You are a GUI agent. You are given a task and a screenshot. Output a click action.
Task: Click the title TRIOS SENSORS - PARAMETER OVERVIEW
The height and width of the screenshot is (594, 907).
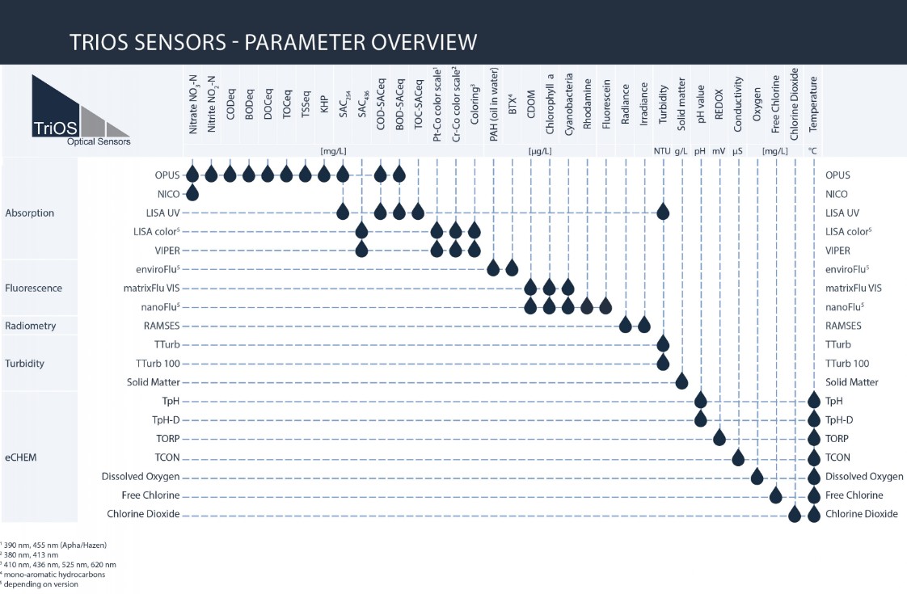(x=273, y=41)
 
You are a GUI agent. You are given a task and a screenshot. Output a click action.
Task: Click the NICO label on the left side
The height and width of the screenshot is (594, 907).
(x=169, y=194)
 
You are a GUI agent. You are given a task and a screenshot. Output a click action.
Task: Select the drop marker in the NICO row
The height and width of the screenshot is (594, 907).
(x=192, y=193)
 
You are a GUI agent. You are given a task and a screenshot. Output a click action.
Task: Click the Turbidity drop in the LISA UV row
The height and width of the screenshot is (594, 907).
(x=663, y=212)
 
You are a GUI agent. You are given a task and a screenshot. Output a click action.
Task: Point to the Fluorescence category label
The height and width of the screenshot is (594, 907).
(x=33, y=288)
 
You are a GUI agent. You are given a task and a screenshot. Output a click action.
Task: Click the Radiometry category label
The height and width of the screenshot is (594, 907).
(x=31, y=326)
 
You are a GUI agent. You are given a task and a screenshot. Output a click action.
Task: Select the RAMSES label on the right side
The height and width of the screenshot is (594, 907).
(x=843, y=326)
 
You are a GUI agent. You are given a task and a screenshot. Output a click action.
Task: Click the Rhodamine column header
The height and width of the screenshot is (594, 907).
(x=587, y=110)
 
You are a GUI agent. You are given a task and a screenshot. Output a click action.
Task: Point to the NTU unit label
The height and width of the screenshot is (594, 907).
(x=662, y=151)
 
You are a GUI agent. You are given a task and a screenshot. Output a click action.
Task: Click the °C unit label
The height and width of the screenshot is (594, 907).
(x=813, y=151)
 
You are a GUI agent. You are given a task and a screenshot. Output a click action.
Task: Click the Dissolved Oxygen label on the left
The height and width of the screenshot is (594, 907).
(x=141, y=476)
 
